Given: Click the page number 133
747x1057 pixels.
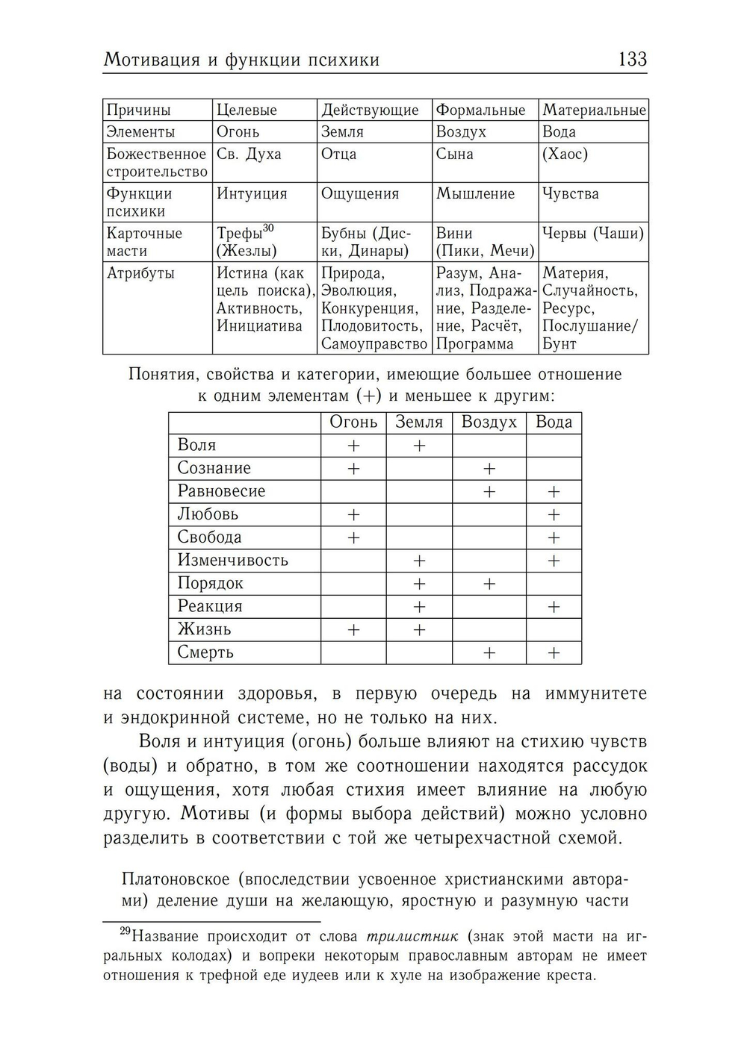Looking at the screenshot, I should (632, 59).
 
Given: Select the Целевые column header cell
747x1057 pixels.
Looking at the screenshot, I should (247, 110).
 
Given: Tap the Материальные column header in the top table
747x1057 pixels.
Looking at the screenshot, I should (594, 110).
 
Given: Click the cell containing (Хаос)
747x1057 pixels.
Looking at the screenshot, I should (565, 155).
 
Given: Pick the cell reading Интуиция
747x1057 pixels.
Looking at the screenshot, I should (252, 194).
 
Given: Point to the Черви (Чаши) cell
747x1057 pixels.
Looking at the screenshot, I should (593, 234).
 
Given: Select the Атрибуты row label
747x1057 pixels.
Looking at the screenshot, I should (141, 273).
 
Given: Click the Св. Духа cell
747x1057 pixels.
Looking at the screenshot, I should (249, 155).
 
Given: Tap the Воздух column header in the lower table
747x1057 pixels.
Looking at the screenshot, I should (489, 423).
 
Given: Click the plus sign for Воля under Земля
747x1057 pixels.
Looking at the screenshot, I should (419, 446).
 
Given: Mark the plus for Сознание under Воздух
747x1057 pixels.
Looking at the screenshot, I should (489, 469).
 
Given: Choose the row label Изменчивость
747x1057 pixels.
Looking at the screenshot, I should (232, 561).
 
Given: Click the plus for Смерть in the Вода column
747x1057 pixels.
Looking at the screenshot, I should (554, 653).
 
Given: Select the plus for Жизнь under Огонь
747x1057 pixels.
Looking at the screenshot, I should (353, 630).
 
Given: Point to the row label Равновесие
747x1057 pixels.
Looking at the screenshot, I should (221, 491).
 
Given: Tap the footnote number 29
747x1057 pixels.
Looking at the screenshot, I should (125, 932).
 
